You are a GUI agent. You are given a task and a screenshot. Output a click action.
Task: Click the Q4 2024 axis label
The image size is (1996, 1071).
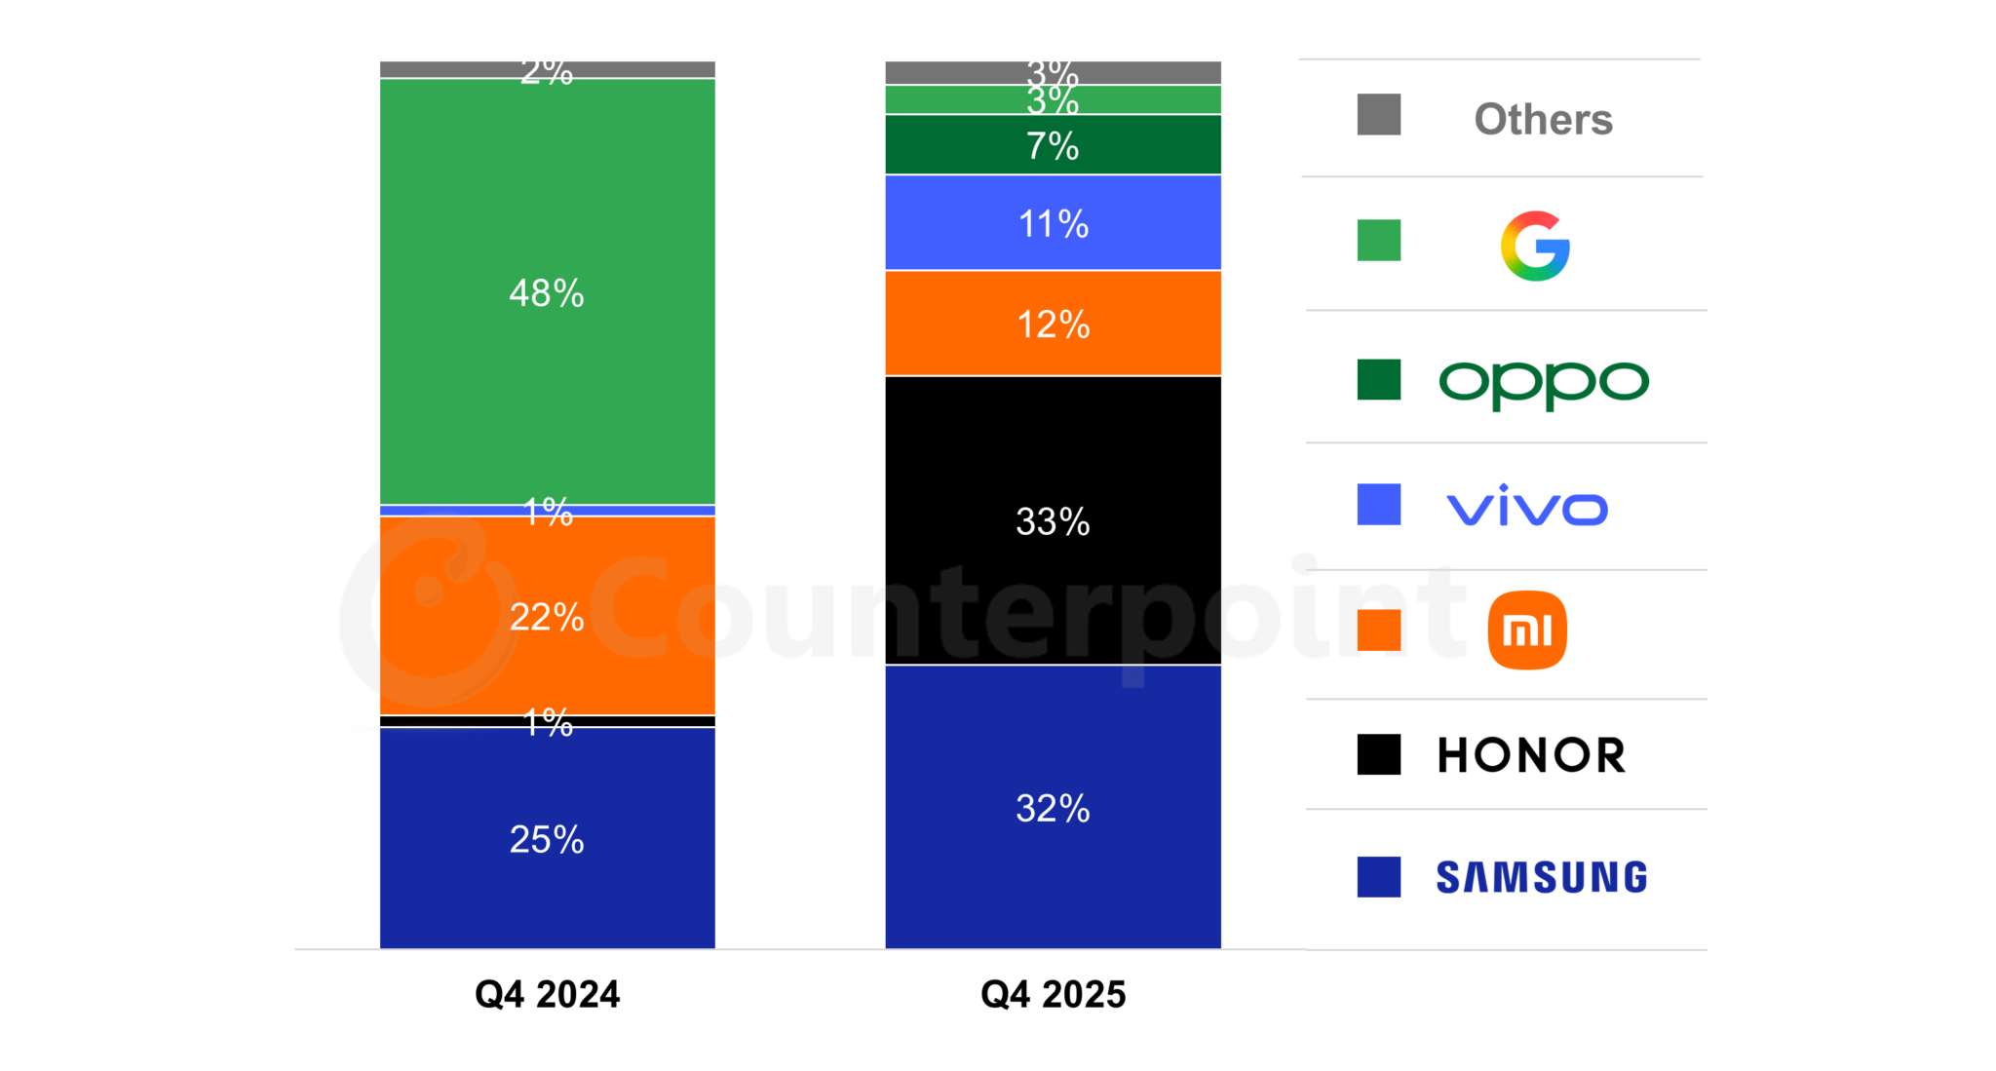(x=547, y=994)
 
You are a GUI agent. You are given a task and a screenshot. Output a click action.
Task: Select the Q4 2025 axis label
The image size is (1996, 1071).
(x=1053, y=994)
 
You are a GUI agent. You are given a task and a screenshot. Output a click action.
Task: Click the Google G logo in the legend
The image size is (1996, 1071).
(x=1535, y=246)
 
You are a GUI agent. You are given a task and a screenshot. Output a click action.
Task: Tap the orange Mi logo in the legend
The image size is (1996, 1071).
(x=1527, y=631)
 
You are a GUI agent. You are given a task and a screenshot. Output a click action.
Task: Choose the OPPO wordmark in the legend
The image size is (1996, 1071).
(x=1544, y=383)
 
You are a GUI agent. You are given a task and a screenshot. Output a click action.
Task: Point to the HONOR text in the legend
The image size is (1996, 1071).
(x=1531, y=755)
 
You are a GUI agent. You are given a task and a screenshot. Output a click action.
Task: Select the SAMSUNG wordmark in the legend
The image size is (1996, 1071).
(x=1541, y=877)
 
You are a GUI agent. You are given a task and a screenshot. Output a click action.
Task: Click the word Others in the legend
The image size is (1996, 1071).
(x=1543, y=119)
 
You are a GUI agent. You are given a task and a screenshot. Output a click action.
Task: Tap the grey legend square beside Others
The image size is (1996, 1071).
(x=1378, y=115)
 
